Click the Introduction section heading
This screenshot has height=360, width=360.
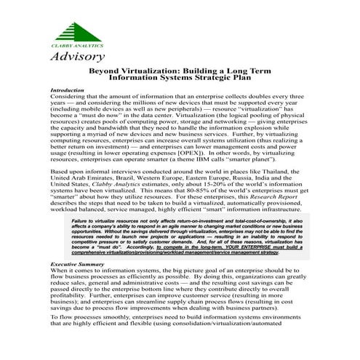66,90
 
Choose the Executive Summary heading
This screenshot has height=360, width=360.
76,263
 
